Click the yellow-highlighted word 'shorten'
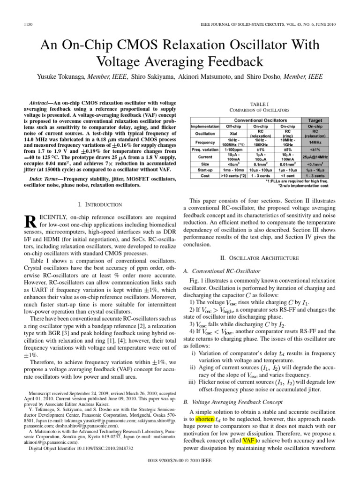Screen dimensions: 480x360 tap(204, 418)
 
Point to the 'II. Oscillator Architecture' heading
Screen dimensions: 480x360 tap(259, 258)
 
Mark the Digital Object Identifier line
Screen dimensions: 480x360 tap(81, 448)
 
